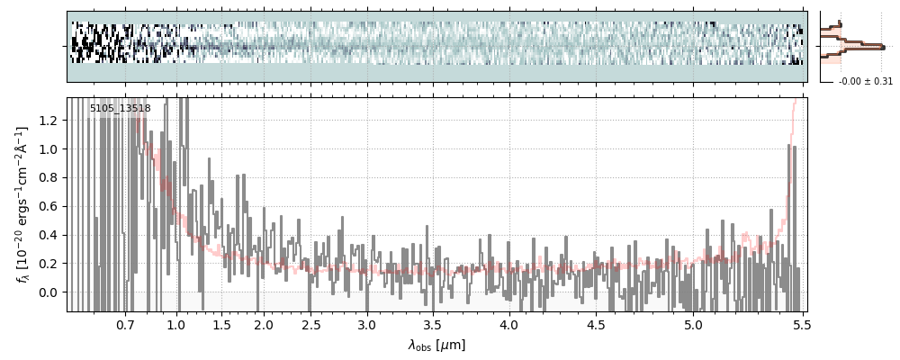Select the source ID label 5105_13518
(x=120, y=109)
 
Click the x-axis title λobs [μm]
(x=436, y=345)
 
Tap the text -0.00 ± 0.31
(x=865, y=82)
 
